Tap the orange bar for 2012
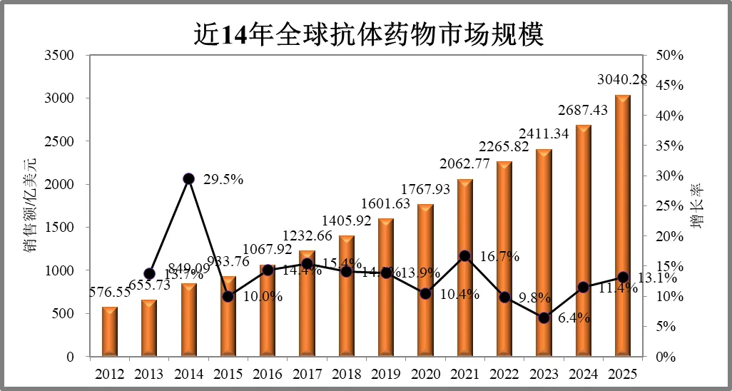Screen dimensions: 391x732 (110, 331)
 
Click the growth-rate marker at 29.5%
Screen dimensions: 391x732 (189, 178)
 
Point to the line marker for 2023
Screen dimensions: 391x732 (544, 318)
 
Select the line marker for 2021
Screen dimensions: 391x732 (464, 255)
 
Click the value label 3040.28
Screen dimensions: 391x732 (623, 80)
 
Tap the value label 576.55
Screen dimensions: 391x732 (110, 293)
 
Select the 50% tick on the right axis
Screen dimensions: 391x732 (670, 56)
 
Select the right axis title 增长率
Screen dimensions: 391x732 (697, 205)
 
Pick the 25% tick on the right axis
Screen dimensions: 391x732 (670, 206)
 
